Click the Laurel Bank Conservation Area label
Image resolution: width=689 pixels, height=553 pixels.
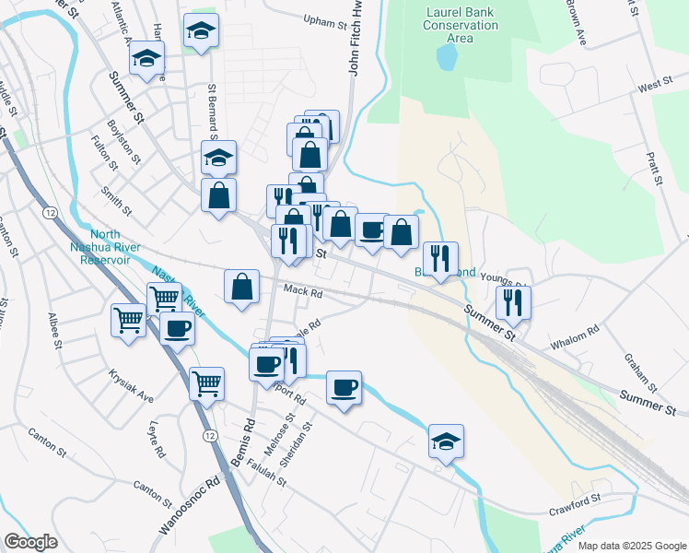click(461, 26)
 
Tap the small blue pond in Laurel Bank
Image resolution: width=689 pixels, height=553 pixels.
click(447, 57)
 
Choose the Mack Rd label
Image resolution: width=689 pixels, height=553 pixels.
click(302, 291)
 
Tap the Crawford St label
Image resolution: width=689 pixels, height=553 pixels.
click(575, 501)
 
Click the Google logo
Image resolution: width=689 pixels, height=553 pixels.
click(30, 542)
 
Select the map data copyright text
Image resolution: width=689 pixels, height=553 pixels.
click(631, 546)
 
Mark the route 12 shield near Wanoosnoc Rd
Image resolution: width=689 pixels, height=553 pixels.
click(211, 435)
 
